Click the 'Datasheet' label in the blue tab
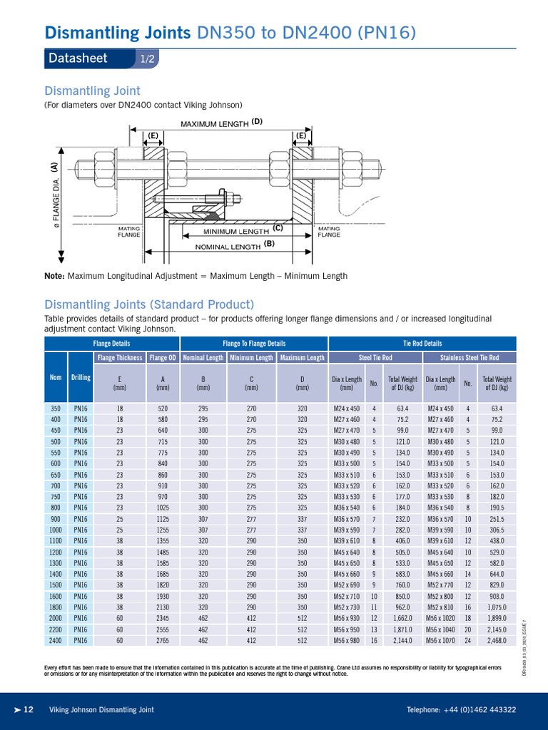click(78, 58)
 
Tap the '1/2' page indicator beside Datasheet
click(148, 59)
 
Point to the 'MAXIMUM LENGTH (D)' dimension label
click(221, 123)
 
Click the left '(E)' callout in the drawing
click(153, 135)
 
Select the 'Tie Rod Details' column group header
click(422, 344)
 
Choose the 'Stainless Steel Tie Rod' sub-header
click(469, 357)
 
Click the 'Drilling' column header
click(80, 377)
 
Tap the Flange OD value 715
click(163, 441)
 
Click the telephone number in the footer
click(461, 709)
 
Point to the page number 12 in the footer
click(29, 709)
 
